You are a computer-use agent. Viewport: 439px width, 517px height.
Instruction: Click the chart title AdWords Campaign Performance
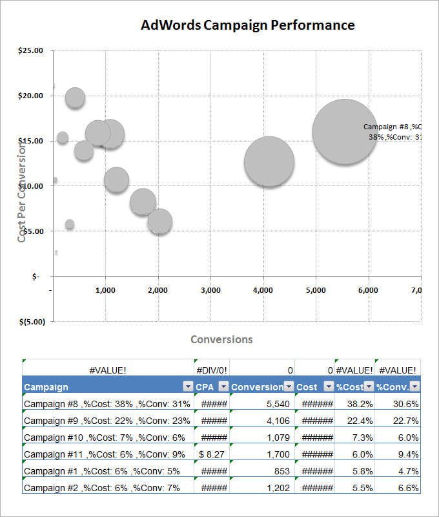pos(247,25)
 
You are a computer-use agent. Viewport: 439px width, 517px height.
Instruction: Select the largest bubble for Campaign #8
pos(345,132)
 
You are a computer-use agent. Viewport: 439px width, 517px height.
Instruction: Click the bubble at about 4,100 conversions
pos(269,162)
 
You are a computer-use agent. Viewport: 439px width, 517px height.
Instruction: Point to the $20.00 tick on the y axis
pos(30,96)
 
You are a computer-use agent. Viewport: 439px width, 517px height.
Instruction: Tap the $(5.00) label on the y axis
pos(30,321)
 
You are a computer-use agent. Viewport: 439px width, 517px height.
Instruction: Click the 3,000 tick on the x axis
pos(210,290)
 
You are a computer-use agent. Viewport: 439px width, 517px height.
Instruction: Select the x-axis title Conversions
pos(221,339)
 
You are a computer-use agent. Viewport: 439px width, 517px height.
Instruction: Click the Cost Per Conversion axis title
pos(22,193)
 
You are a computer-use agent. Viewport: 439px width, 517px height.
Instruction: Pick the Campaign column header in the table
pos(46,387)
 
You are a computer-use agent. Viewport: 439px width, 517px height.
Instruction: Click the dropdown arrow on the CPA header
pos(223,386)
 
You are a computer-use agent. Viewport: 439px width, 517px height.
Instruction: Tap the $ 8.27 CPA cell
pos(211,454)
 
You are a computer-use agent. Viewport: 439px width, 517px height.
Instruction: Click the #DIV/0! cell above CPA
pos(211,370)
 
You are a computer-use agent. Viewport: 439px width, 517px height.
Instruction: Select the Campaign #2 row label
pos(101,488)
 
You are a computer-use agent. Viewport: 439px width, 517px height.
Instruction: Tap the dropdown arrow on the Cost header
pos(328,386)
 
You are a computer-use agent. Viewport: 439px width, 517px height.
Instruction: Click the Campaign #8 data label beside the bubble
pos(391,132)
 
